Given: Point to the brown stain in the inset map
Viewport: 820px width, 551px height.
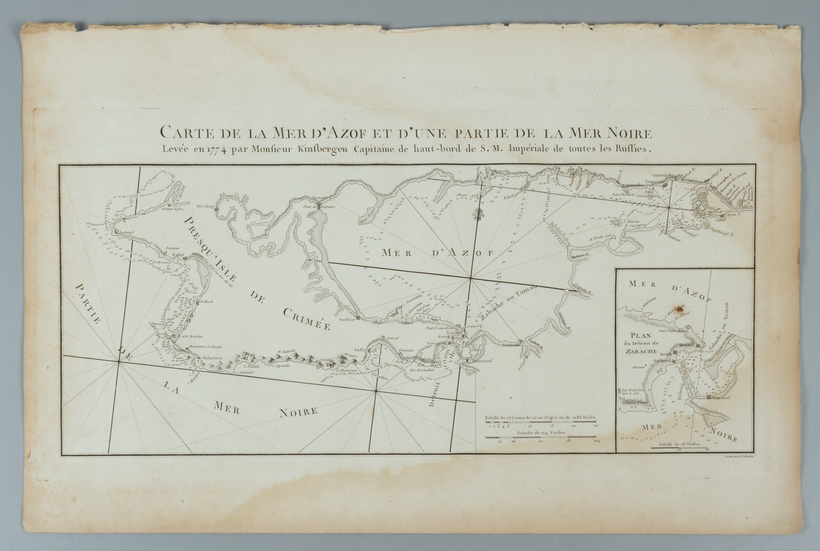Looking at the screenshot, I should pyautogui.click(x=680, y=309).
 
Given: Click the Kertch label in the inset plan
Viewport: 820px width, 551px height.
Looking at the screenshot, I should pyautogui.click(x=666, y=354).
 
